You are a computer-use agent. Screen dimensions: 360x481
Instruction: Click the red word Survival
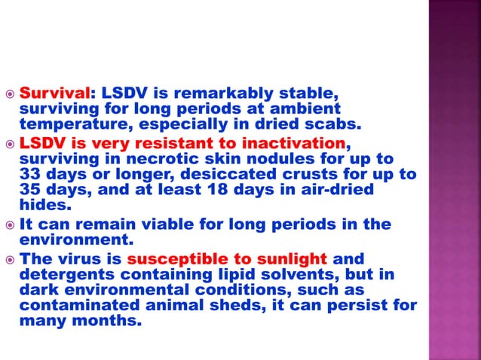[x=54, y=95]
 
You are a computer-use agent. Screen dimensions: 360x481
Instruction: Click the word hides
[x=41, y=203]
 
